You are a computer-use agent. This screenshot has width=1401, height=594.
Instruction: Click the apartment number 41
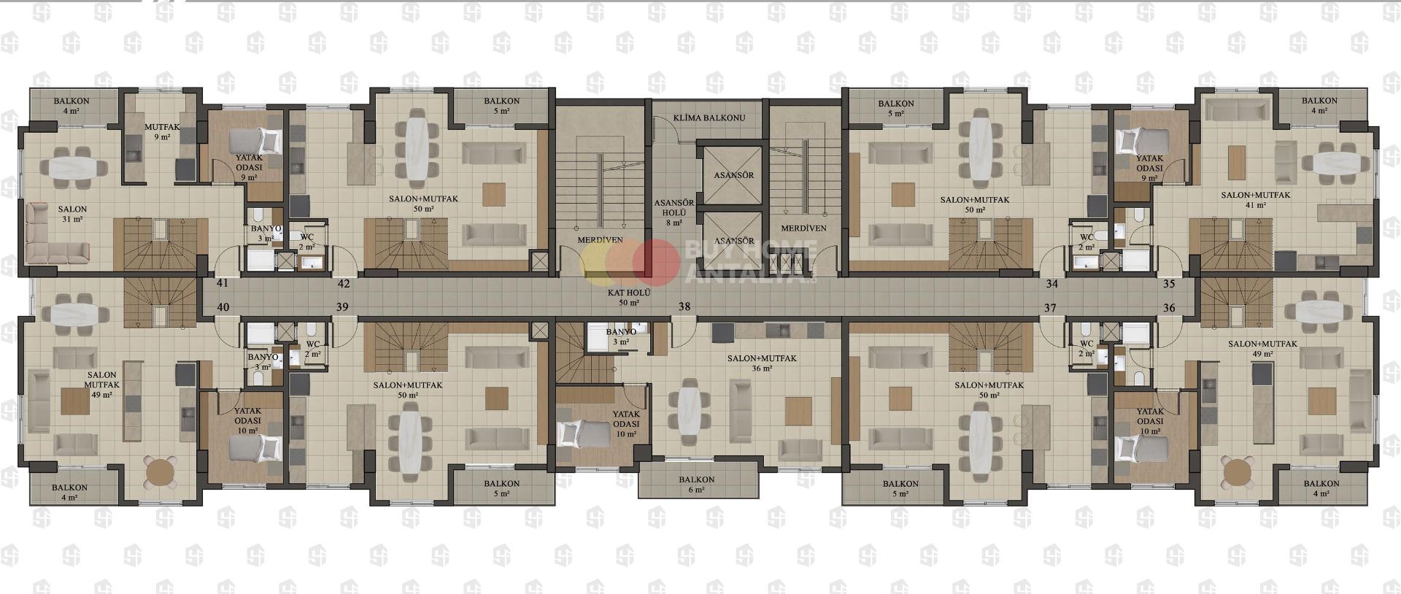click(x=223, y=282)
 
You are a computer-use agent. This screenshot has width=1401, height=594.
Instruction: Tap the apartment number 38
click(x=684, y=307)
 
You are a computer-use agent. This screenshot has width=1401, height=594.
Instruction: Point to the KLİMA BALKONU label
click(x=709, y=117)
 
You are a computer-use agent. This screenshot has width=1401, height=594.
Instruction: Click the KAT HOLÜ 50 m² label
click(x=629, y=296)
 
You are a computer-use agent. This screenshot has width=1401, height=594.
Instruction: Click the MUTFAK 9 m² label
click(x=158, y=131)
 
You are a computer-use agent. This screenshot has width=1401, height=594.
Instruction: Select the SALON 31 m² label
click(x=72, y=214)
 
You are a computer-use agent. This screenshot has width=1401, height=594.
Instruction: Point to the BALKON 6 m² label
click(x=696, y=485)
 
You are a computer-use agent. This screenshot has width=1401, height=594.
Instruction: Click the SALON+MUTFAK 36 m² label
click(x=761, y=363)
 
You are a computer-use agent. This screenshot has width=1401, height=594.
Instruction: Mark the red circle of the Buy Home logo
click(x=656, y=261)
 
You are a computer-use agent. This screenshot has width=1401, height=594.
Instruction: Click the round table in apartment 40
click(x=161, y=471)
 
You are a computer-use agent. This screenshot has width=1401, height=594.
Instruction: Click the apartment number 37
click(x=1050, y=308)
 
